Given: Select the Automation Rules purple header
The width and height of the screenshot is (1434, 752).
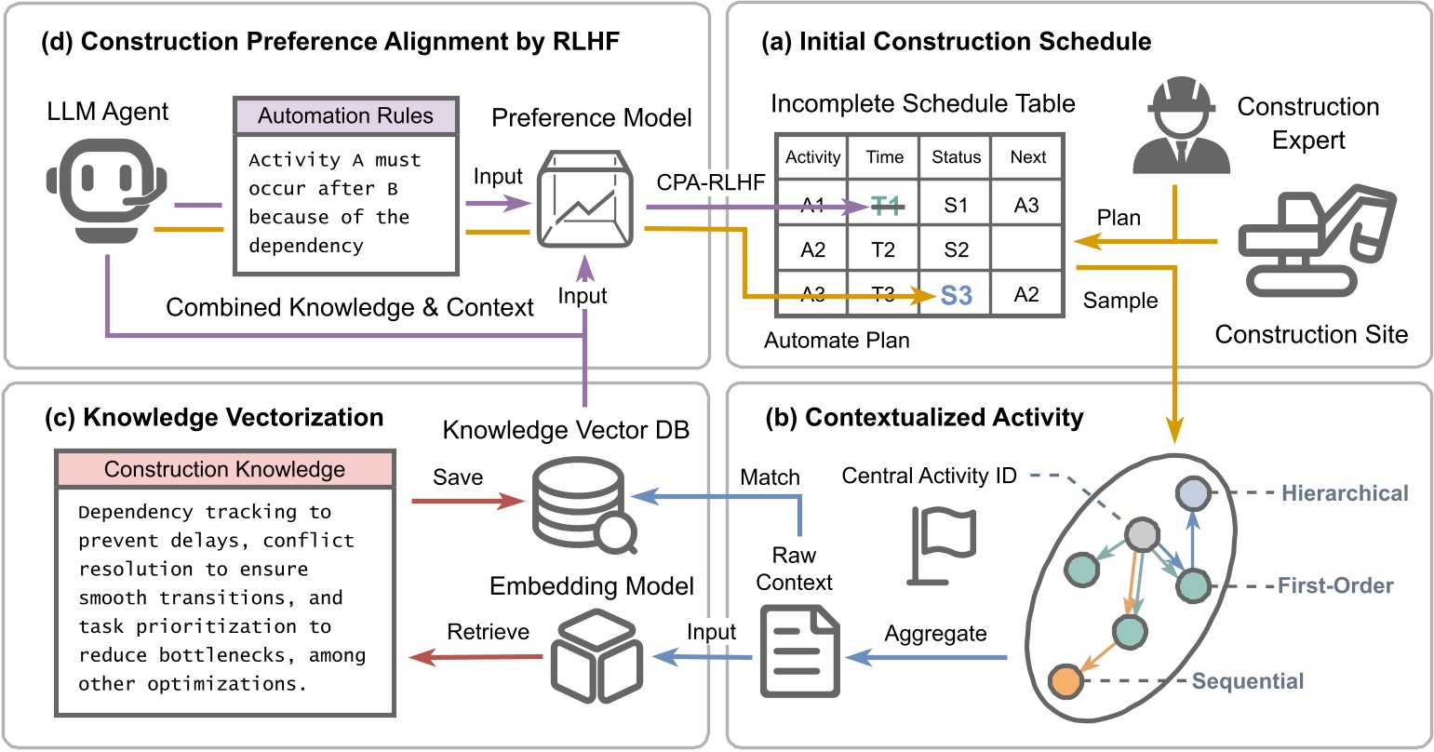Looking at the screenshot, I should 345,116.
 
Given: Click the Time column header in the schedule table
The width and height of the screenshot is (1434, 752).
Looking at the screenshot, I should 884,157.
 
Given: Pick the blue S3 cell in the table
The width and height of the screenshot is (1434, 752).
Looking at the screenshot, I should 956,295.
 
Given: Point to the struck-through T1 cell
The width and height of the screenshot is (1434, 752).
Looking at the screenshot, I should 884,207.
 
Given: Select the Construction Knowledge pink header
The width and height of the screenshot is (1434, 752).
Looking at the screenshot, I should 224,469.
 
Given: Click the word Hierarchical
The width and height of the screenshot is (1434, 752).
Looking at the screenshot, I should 1345,492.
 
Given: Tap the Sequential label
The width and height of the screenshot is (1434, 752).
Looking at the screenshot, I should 1247,681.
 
